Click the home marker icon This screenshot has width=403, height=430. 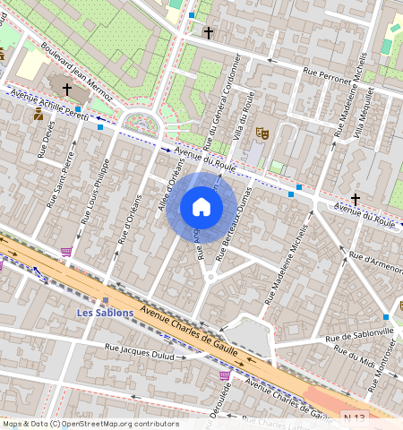click(x=201, y=208)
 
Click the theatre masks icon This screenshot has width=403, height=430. click(x=262, y=132)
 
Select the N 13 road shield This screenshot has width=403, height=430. click(x=356, y=417)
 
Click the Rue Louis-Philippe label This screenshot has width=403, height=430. click(x=95, y=191)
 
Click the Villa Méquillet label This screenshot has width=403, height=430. click(x=368, y=114)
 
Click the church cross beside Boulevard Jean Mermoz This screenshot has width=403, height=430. click(x=67, y=90)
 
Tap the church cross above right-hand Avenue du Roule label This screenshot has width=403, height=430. click(x=356, y=198)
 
